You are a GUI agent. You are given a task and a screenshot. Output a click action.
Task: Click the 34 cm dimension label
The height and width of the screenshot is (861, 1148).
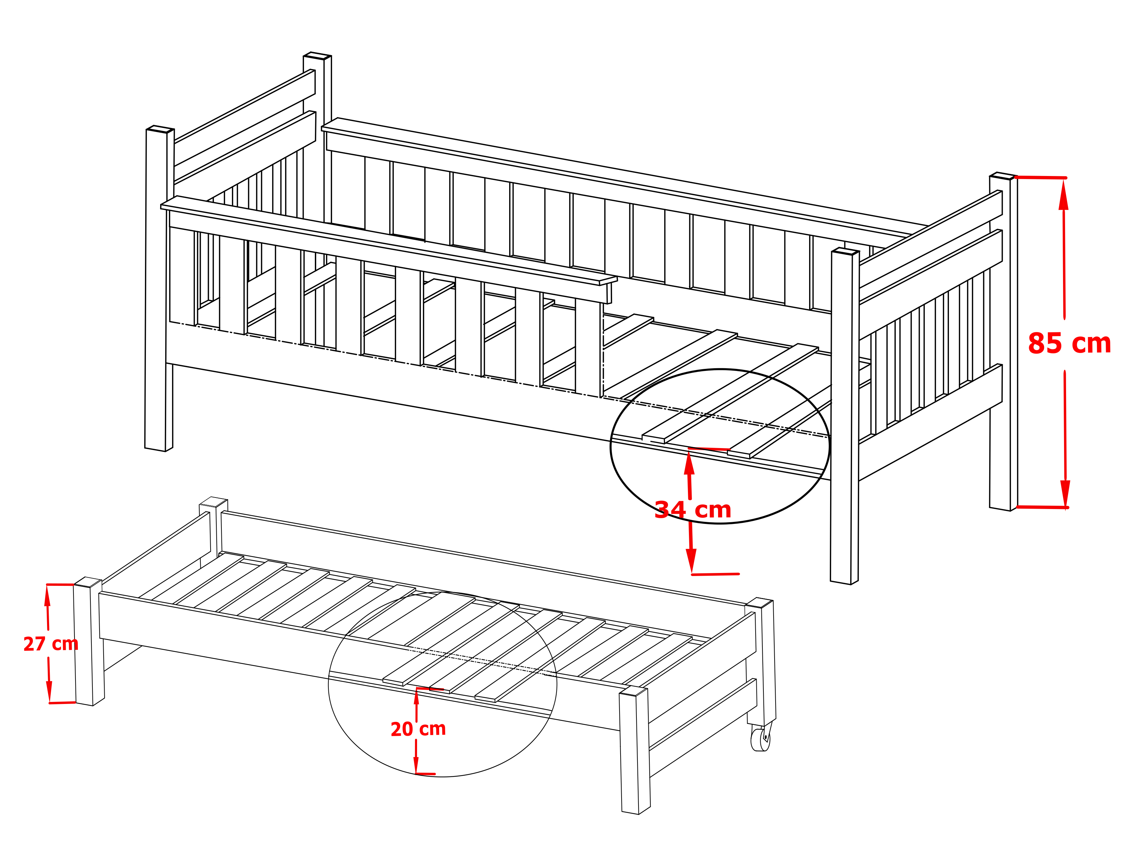tap(693, 510)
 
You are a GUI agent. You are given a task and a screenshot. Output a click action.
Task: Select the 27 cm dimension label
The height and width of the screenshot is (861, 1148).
tap(51, 644)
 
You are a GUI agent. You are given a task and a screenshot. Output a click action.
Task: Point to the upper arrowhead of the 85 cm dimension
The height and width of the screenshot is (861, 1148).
tap(1063, 194)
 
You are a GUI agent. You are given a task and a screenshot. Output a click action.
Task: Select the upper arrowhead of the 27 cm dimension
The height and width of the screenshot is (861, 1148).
tap(47, 596)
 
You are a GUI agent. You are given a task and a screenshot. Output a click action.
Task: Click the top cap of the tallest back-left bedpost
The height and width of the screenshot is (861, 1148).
tap(317, 56)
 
